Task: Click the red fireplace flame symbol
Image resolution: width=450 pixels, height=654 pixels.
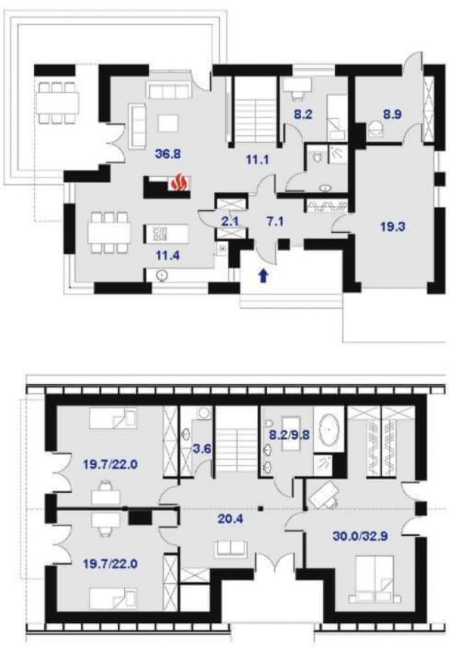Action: click(180, 182)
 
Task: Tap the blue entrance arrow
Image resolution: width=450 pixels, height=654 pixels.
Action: click(263, 276)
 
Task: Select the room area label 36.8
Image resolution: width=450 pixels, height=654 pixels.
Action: click(168, 153)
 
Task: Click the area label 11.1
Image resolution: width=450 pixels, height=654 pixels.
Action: click(258, 159)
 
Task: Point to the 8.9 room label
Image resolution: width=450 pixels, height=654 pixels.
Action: click(392, 114)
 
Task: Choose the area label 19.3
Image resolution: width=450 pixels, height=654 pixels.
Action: click(393, 227)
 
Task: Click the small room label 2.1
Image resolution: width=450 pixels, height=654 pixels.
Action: click(229, 222)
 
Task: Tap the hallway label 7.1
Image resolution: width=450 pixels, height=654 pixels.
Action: click(275, 222)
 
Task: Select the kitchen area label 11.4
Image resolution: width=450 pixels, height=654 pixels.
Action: click(168, 255)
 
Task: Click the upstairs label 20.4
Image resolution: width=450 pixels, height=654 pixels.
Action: click(231, 519)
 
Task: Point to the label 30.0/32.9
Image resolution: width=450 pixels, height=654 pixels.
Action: click(361, 536)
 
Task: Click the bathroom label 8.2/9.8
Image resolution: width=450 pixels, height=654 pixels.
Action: click(289, 435)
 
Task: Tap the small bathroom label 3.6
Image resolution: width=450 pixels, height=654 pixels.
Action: click(201, 449)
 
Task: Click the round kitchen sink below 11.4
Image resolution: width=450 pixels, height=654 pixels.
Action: click(161, 275)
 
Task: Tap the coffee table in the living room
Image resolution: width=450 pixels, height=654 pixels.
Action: click(168, 124)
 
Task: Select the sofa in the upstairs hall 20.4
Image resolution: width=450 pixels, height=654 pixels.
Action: click(231, 549)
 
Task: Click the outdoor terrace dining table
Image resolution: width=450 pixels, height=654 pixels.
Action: click(57, 102)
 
